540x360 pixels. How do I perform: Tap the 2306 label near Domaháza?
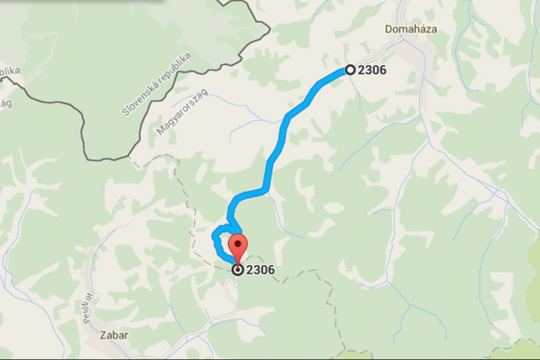tap(372, 71)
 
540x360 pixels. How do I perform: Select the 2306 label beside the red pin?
tap(260, 271)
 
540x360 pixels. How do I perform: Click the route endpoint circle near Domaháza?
tap(350, 70)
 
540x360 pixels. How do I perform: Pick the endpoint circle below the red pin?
tap(238, 270)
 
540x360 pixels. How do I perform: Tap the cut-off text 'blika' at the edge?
tap(9, 71)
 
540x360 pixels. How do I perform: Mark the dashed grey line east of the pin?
tap(302, 274)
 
